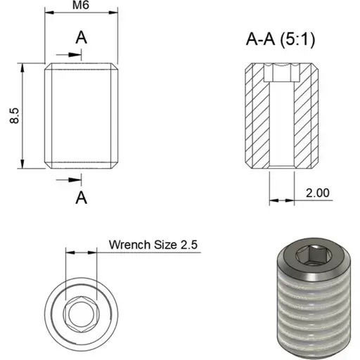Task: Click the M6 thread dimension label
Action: coord(81,5)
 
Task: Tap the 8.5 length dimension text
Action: coord(14,115)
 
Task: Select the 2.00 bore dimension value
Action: coord(318,193)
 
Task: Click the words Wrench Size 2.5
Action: coord(153,245)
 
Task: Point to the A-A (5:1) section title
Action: coord(281,39)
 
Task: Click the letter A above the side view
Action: coord(81,37)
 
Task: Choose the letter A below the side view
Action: coord(81,198)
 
